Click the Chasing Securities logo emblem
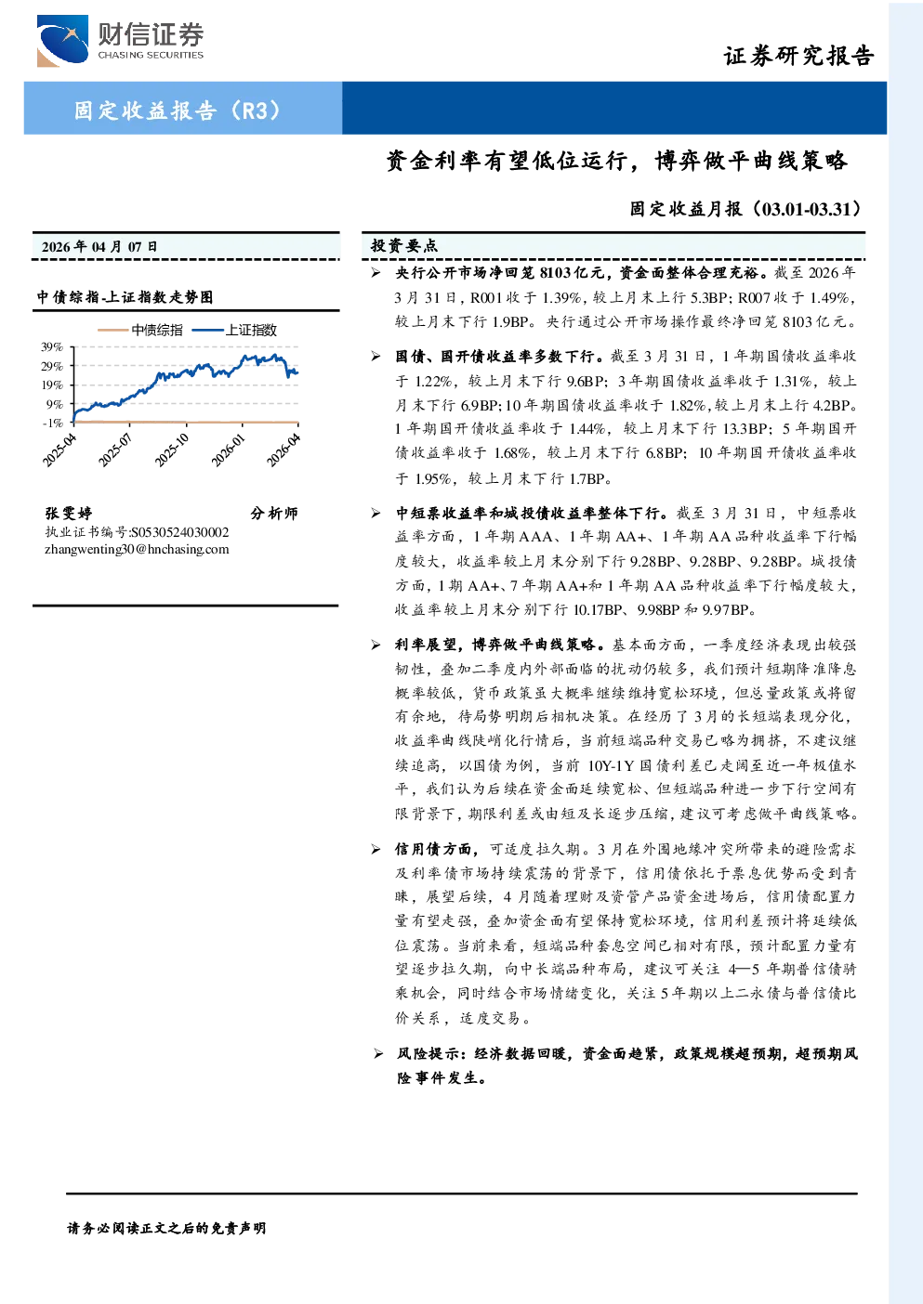62,41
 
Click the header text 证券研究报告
798,56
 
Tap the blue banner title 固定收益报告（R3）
178,110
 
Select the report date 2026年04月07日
99,247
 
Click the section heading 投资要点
403,245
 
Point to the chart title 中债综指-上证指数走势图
125,297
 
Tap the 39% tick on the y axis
52,347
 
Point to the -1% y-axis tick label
52,423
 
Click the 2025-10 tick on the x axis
171,450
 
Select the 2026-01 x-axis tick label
228,450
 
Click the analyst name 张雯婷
69,513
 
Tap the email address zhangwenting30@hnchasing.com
137,549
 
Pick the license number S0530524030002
180,532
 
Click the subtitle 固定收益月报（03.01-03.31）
745,208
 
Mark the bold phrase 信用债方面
433,849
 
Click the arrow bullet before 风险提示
378,1053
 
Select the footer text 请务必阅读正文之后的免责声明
166,1228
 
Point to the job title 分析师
274,513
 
